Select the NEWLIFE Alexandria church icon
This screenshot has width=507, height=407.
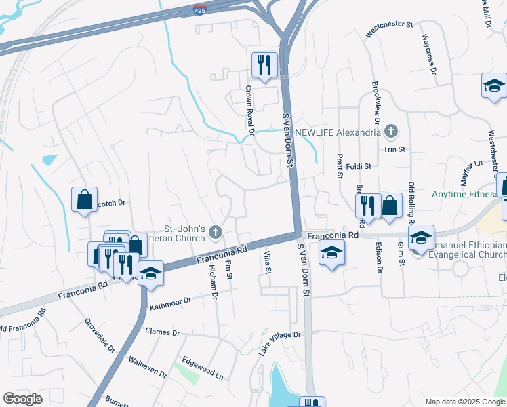390,131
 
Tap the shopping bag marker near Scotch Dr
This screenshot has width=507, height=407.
84,199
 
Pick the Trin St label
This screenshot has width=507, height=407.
394,149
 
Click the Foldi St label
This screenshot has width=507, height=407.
359,166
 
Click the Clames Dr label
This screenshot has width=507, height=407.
162,332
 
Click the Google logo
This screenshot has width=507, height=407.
23,398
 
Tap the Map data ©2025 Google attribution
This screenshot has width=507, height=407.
464,401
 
